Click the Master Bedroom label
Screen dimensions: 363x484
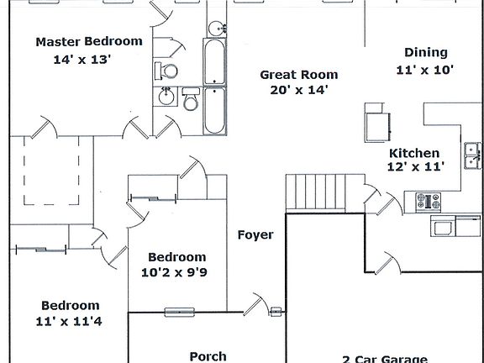pos(89,40)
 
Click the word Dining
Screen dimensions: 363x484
pos(425,52)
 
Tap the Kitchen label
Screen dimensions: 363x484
pos(413,153)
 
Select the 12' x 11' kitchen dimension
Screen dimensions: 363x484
pos(414,167)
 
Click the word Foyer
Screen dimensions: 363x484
pos(255,234)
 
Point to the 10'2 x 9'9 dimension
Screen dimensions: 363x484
pos(176,271)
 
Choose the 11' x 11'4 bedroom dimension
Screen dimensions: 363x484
pos(71,320)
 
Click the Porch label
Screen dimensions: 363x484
pos(208,356)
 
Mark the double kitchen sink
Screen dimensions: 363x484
pos(474,152)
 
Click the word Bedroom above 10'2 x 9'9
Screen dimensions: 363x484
pos(176,256)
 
